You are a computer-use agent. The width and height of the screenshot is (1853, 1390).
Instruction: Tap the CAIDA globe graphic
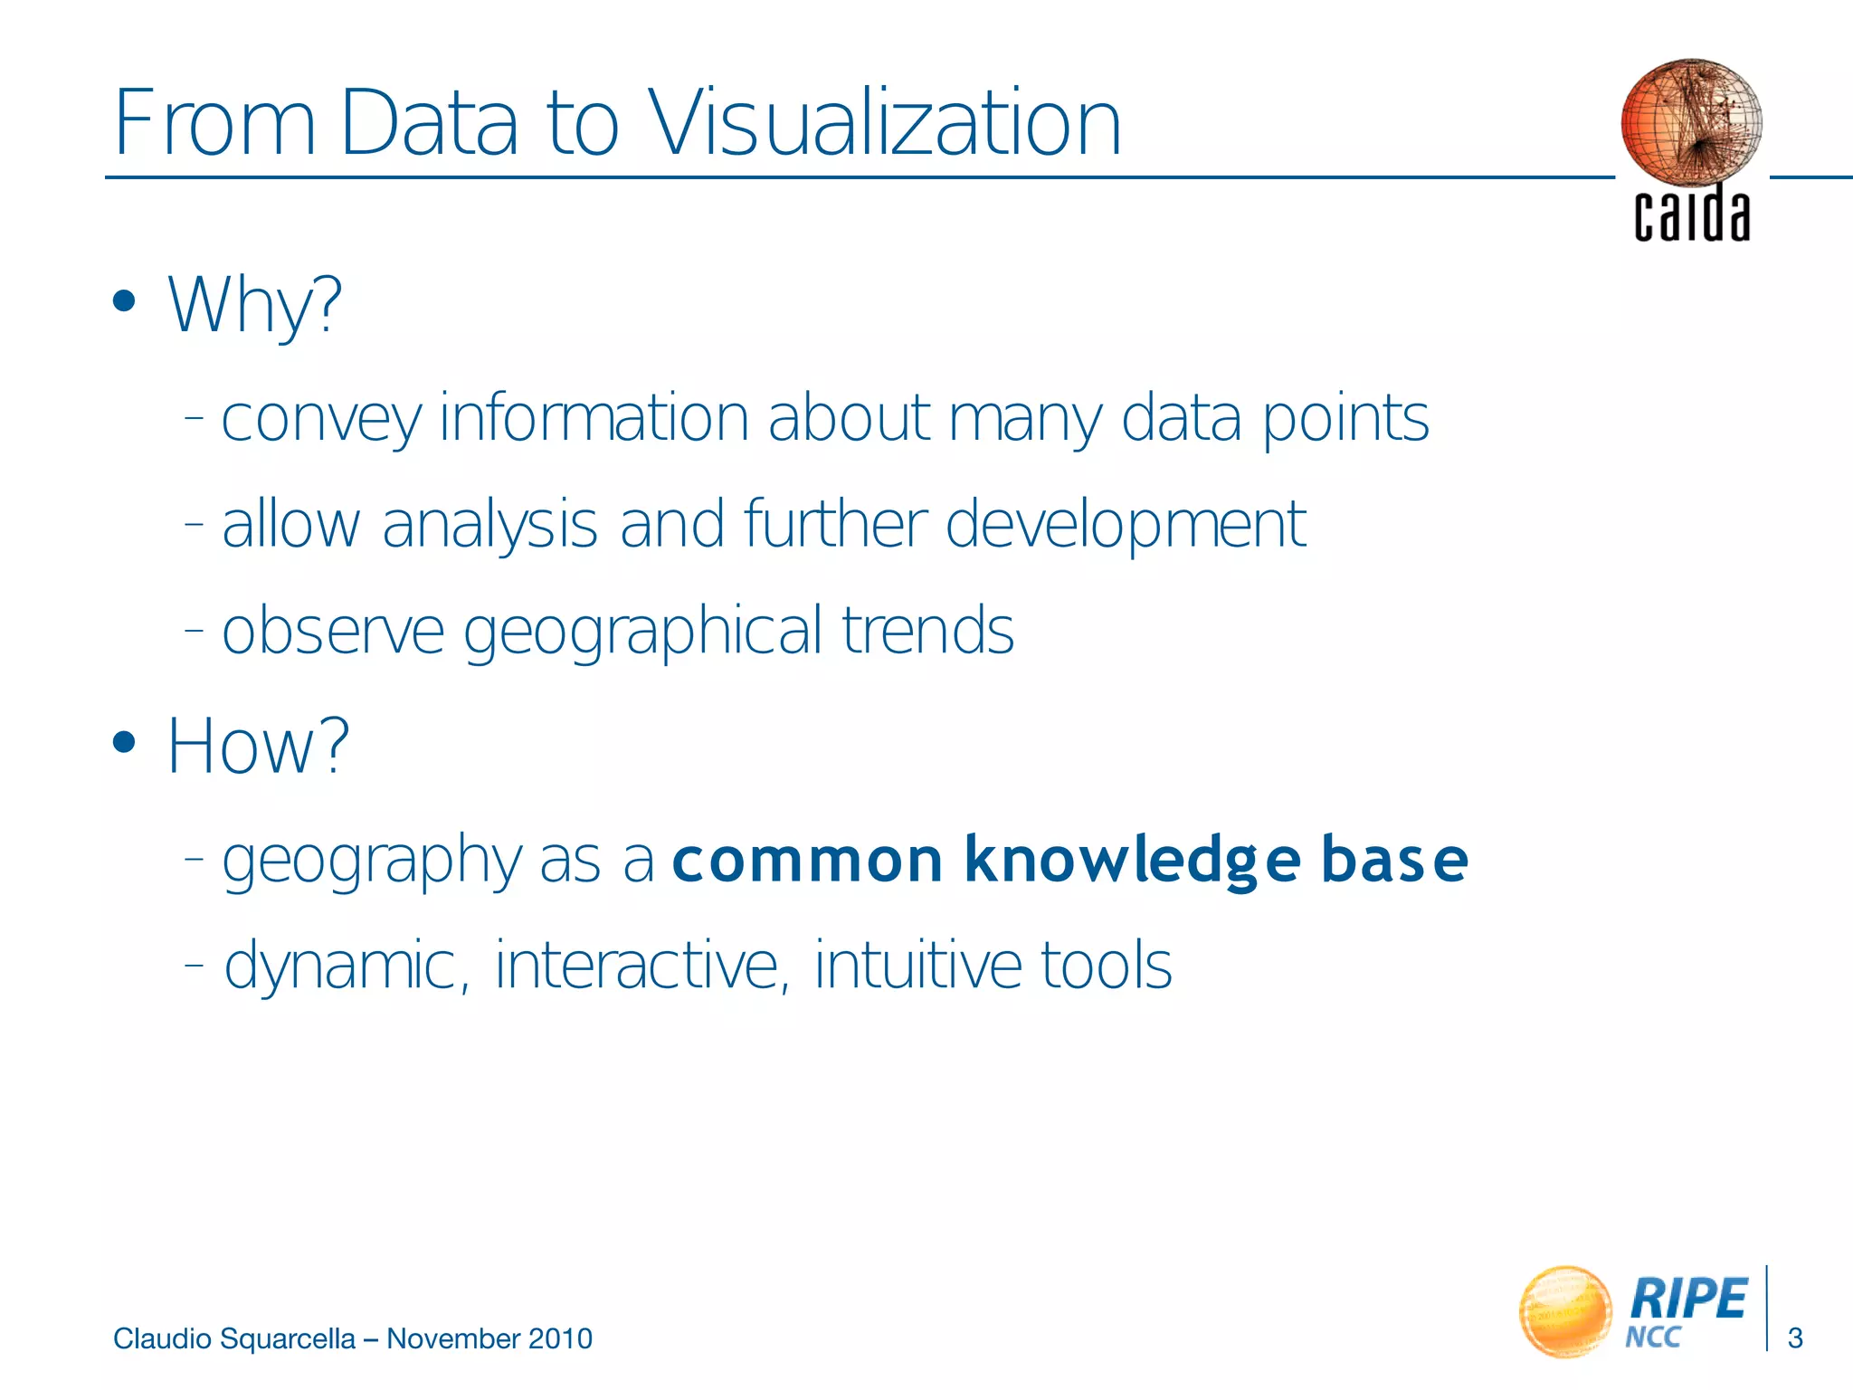[1691, 122]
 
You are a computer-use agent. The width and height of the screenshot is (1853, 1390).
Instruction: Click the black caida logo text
[1691, 215]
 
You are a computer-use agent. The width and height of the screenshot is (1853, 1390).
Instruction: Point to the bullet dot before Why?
[124, 301]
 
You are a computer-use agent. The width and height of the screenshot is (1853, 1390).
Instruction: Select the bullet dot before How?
[124, 743]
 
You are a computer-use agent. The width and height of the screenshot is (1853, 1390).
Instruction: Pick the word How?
[259, 747]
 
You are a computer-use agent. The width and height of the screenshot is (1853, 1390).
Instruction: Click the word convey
[321, 419]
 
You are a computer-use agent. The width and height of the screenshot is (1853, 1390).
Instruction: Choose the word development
[1126, 525]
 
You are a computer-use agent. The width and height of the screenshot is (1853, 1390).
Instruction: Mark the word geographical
[642, 632]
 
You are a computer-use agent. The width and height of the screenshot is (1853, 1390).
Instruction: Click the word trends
[927, 631]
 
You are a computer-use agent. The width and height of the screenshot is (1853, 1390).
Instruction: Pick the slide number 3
[1796, 1338]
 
